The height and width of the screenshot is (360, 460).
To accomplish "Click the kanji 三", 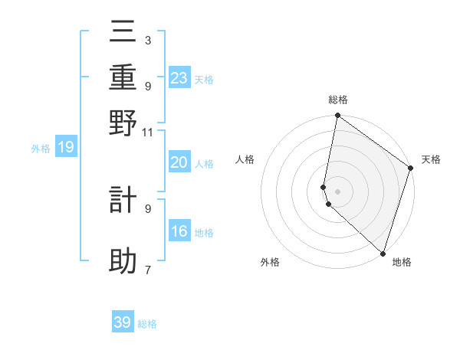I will click(x=123, y=31).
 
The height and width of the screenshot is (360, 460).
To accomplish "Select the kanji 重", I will click(x=123, y=77).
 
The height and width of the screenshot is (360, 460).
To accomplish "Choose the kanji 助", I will click(x=123, y=261).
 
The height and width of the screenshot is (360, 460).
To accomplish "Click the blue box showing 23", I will click(x=179, y=77).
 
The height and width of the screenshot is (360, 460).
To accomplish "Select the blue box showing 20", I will click(x=179, y=162).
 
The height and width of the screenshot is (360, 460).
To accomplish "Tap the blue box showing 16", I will click(x=179, y=231).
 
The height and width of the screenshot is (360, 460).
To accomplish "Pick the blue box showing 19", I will click(x=66, y=147).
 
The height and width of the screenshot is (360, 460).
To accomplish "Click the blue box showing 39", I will click(x=123, y=322).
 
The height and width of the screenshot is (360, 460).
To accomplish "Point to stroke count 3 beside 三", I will click(x=147, y=40).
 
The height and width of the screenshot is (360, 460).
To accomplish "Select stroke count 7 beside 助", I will click(x=147, y=270).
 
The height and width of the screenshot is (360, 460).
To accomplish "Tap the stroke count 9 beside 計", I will click(x=147, y=208).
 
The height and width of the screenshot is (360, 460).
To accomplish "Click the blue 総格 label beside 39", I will click(x=147, y=324).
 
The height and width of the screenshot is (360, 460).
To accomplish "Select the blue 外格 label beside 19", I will click(x=41, y=149).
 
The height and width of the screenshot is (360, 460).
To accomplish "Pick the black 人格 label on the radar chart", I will click(x=245, y=159).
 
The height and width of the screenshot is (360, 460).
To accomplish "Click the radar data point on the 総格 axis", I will click(x=337, y=116).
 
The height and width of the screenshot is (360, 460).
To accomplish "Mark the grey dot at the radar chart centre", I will click(x=337, y=190).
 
